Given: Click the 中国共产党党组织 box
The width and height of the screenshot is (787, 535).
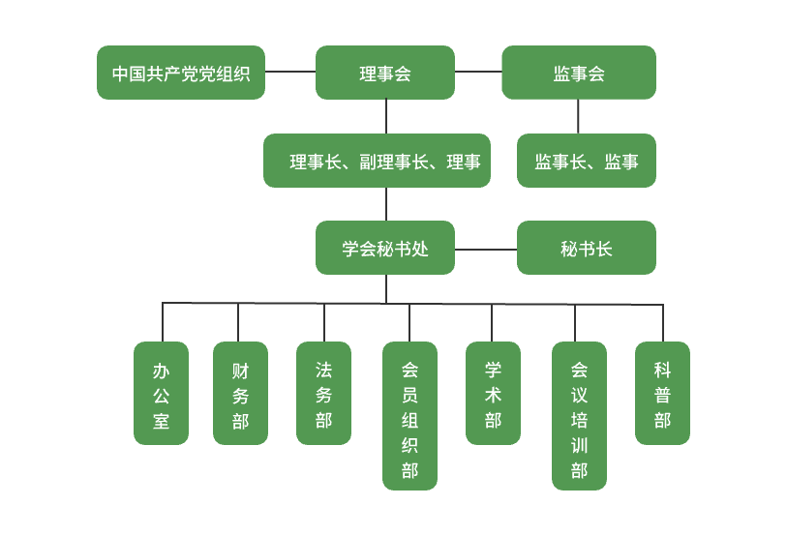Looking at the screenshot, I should coord(181,73).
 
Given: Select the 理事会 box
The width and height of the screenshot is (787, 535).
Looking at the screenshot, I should coord(385,73).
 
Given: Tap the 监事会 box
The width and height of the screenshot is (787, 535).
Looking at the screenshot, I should coord(579,73).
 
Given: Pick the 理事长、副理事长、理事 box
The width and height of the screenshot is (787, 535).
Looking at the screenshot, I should coord(377,161).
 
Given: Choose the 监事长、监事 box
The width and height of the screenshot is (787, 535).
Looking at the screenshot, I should coord(587,161).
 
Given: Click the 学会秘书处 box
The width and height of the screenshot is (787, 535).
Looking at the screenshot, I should coord(385,248).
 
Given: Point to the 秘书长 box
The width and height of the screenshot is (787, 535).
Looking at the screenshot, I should coord(587,248).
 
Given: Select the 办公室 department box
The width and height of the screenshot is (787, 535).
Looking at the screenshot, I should coord(161,394).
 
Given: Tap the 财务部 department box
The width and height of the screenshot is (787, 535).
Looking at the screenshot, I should coord(240,394).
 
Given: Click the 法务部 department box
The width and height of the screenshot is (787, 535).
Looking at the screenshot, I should coord(323,394).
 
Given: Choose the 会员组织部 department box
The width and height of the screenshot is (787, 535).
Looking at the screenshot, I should coord(409,416).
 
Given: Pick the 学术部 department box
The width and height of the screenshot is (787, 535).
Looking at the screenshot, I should coord(493,394).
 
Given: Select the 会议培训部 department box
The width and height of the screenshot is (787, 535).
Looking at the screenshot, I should coord(579,416).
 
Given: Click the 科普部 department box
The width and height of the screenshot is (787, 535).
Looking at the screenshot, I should coord(662,394).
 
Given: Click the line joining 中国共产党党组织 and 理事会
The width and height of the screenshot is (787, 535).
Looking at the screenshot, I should coord(290,72).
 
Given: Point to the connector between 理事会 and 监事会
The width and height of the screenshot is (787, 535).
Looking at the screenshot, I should coord(478,72).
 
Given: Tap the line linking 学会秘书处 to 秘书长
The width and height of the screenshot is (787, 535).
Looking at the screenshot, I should coord(486,250).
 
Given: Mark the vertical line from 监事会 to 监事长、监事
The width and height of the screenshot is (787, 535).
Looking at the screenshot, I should coord(579,116).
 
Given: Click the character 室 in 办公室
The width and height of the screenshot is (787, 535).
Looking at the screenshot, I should coord(161,421).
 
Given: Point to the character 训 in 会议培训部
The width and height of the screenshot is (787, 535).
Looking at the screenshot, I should coord(579,446).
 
